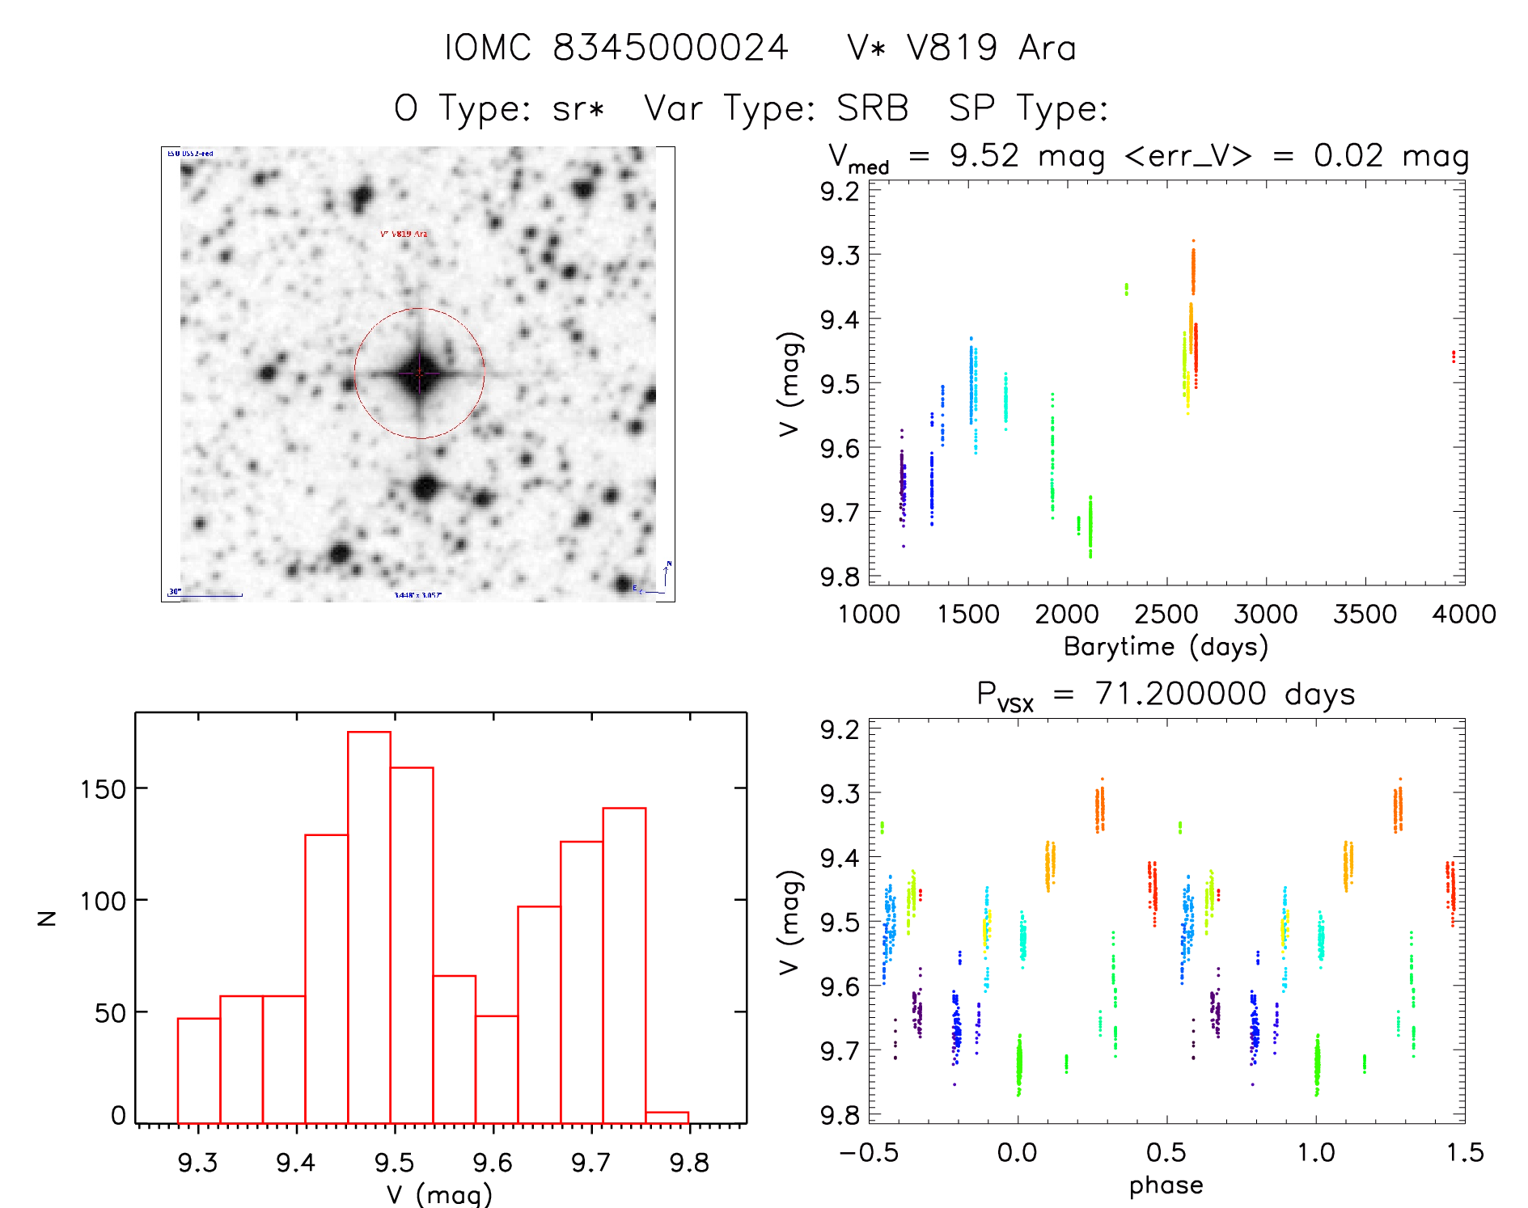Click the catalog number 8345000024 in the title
[x=671, y=48]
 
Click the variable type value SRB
[x=872, y=108]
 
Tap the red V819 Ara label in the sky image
[x=404, y=234]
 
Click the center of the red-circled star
[x=419, y=374]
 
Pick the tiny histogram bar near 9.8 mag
[x=667, y=1117]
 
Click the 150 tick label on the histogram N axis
[x=104, y=789]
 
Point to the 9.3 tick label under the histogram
[x=197, y=1162]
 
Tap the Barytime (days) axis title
[x=1166, y=647]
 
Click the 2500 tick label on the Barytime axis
[x=1166, y=615]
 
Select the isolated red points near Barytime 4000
[x=1454, y=356]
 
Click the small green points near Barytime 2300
[x=1126, y=289]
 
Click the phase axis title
[x=1166, y=1185]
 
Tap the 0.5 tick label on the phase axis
[x=1166, y=1152]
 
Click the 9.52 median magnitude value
[x=984, y=155]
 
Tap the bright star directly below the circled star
[x=425, y=488]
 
